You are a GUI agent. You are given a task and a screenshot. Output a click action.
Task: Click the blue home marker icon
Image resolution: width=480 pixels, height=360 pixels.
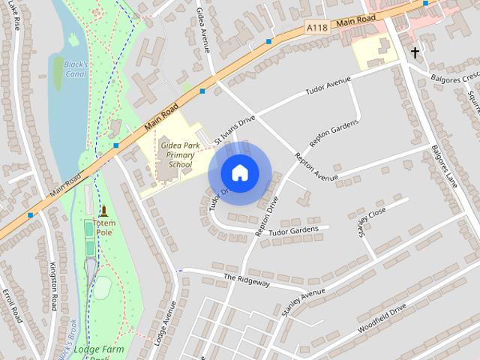coord(239,172)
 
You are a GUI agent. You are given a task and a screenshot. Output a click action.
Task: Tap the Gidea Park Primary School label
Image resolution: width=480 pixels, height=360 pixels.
coord(180,154)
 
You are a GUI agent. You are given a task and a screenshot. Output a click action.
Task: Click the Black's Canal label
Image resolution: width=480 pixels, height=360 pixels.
coord(76,69)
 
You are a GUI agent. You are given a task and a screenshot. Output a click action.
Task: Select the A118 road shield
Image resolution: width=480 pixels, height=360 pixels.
coord(318,27)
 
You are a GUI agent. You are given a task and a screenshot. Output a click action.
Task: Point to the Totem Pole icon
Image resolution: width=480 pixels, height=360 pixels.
coord(103,211)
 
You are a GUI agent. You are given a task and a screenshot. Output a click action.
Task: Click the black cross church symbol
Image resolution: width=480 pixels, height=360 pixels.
coord(415,52)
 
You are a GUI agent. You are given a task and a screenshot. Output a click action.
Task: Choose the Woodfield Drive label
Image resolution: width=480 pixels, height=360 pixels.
coord(382,318)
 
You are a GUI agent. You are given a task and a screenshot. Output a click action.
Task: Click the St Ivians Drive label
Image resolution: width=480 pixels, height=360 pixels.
coord(235,130)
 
